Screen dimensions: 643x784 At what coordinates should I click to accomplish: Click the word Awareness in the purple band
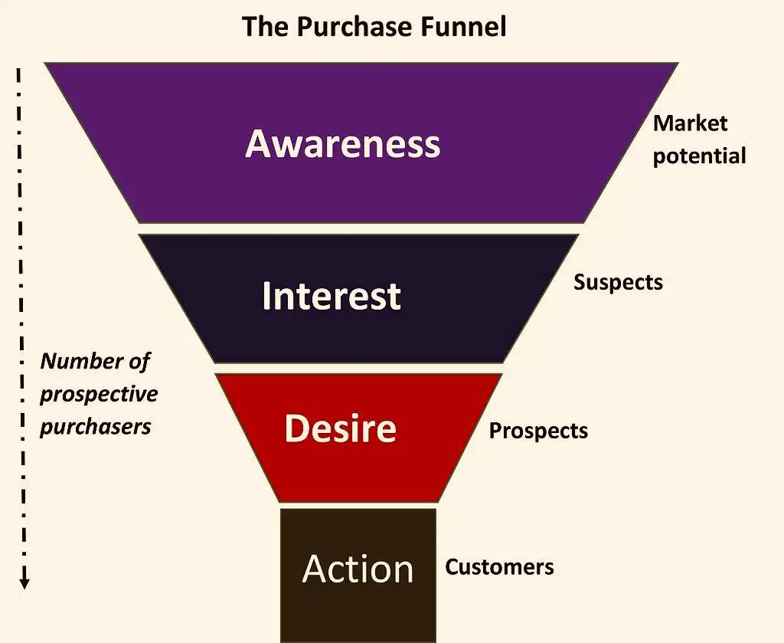[x=342, y=143]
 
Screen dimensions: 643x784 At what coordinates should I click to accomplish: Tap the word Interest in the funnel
[x=331, y=296]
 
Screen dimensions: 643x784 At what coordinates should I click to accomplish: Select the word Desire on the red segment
[x=340, y=428]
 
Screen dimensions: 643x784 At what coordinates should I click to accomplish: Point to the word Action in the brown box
[x=358, y=569]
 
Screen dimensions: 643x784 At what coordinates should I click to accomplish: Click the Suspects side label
[x=618, y=282]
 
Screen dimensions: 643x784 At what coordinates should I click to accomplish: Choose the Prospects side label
[x=538, y=431]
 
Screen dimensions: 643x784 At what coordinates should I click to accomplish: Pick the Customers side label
[x=499, y=567]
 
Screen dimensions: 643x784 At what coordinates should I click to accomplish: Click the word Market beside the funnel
[x=690, y=123]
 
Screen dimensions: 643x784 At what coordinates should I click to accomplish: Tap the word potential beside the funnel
[x=699, y=156]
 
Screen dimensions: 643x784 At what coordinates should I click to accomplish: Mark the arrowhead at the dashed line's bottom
[x=24, y=583]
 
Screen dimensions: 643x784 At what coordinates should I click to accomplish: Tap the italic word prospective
[x=99, y=394]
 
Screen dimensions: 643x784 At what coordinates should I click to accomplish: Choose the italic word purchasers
[x=95, y=426]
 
